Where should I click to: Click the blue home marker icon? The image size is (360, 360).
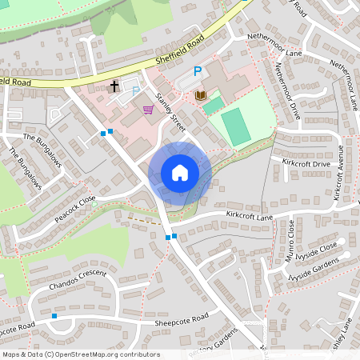[x=180, y=173]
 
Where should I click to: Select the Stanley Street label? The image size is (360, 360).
[x=171, y=114]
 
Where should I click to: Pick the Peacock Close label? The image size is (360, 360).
[x=75, y=210]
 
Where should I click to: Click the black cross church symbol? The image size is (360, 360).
[x=114, y=85]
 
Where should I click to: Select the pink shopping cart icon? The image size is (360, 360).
[x=148, y=109]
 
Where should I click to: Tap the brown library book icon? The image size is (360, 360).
[x=201, y=96]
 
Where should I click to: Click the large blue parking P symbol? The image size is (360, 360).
[x=197, y=72]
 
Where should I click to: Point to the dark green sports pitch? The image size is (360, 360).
[x=235, y=127]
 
